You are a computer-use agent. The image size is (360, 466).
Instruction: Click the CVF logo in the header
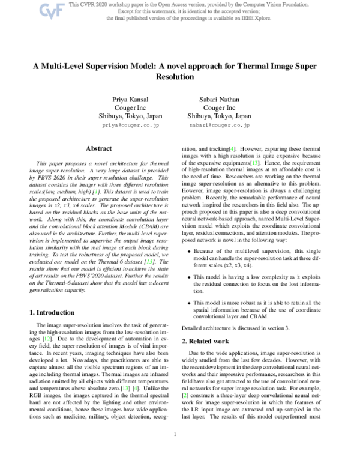point(52,10)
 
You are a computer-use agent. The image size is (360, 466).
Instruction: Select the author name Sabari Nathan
point(219,98)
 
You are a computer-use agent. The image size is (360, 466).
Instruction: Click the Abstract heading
point(99,148)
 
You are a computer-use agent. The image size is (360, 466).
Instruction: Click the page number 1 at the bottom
point(175,451)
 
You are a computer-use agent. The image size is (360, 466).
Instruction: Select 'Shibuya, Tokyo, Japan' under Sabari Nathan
point(219,116)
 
